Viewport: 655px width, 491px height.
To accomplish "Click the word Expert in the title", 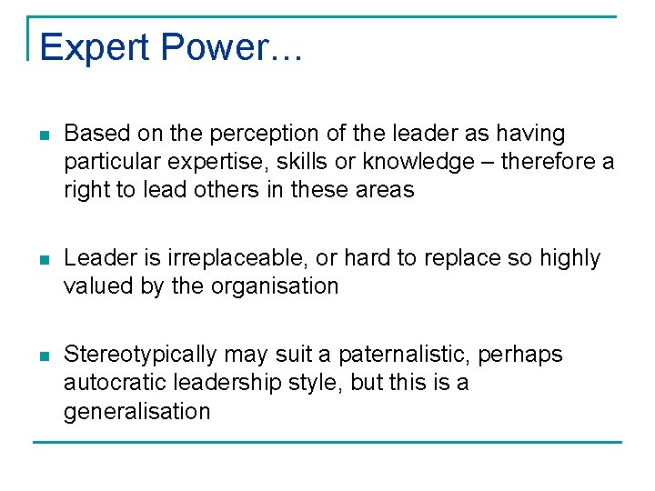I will [84, 48].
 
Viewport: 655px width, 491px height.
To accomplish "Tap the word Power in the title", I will [206, 46].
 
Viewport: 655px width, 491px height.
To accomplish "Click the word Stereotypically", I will [141, 355].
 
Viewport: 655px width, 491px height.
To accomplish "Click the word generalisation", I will [136, 412].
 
